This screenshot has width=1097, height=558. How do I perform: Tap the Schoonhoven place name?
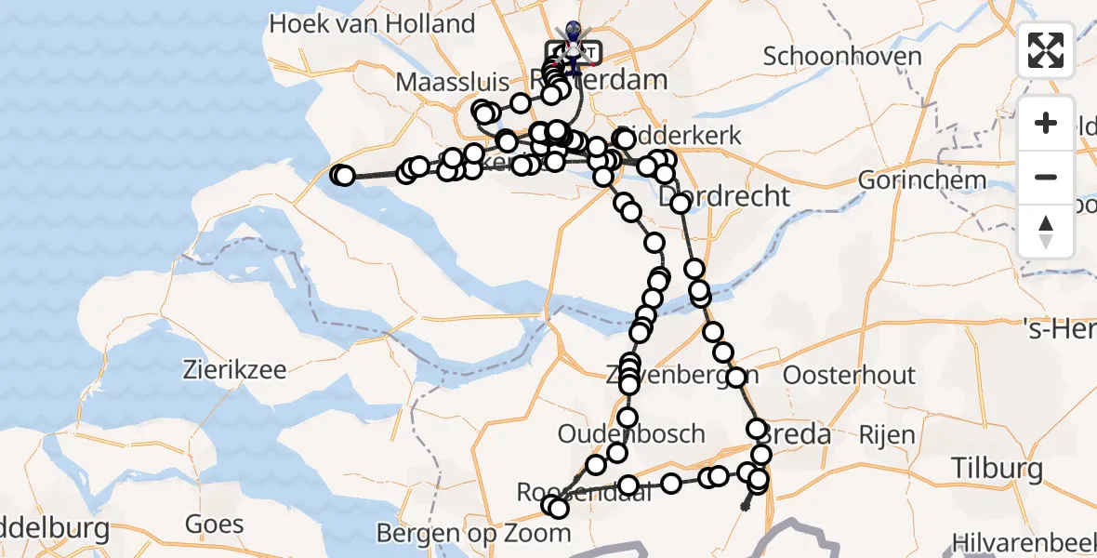point(842,56)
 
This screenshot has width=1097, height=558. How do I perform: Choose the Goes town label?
point(214,524)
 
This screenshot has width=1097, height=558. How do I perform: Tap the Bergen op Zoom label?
point(473,534)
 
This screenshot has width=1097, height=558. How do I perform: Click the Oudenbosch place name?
point(631,434)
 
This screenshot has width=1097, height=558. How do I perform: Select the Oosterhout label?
point(850,376)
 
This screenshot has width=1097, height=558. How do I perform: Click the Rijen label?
point(888,434)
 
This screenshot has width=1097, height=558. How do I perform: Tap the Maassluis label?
point(443,82)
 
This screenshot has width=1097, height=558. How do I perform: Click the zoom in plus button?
point(1046,123)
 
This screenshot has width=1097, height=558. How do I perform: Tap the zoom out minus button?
point(1046,177)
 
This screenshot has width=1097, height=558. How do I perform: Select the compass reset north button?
point(1046,231)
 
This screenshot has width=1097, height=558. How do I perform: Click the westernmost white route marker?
point(340,175)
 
